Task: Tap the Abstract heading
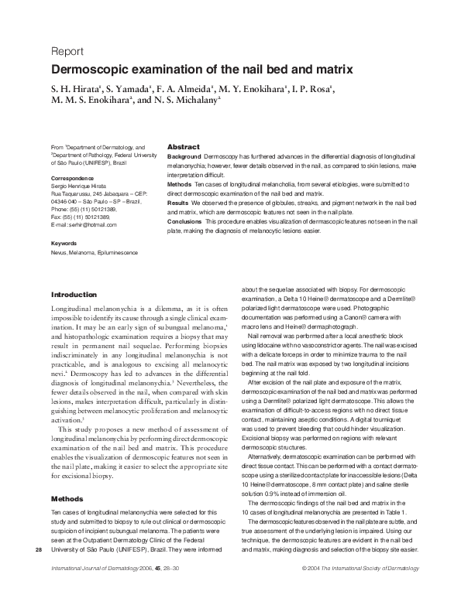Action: tap(184, 147)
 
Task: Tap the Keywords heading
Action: tap(64, 244)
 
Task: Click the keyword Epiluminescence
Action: tap(115, 252)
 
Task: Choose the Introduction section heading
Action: tap(74, 295)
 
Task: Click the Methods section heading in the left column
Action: tap(67, 499)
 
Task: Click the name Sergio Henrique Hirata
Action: tap(79, 186)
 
